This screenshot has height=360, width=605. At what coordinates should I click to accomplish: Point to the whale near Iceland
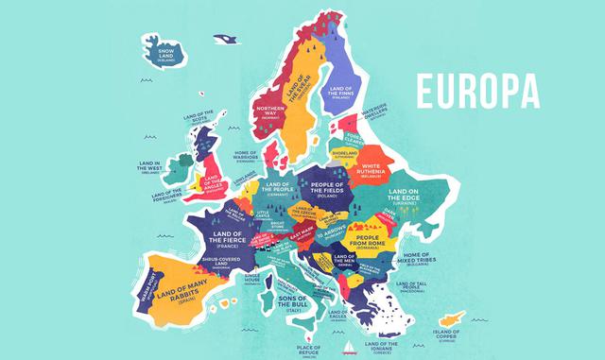point(225,39)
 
